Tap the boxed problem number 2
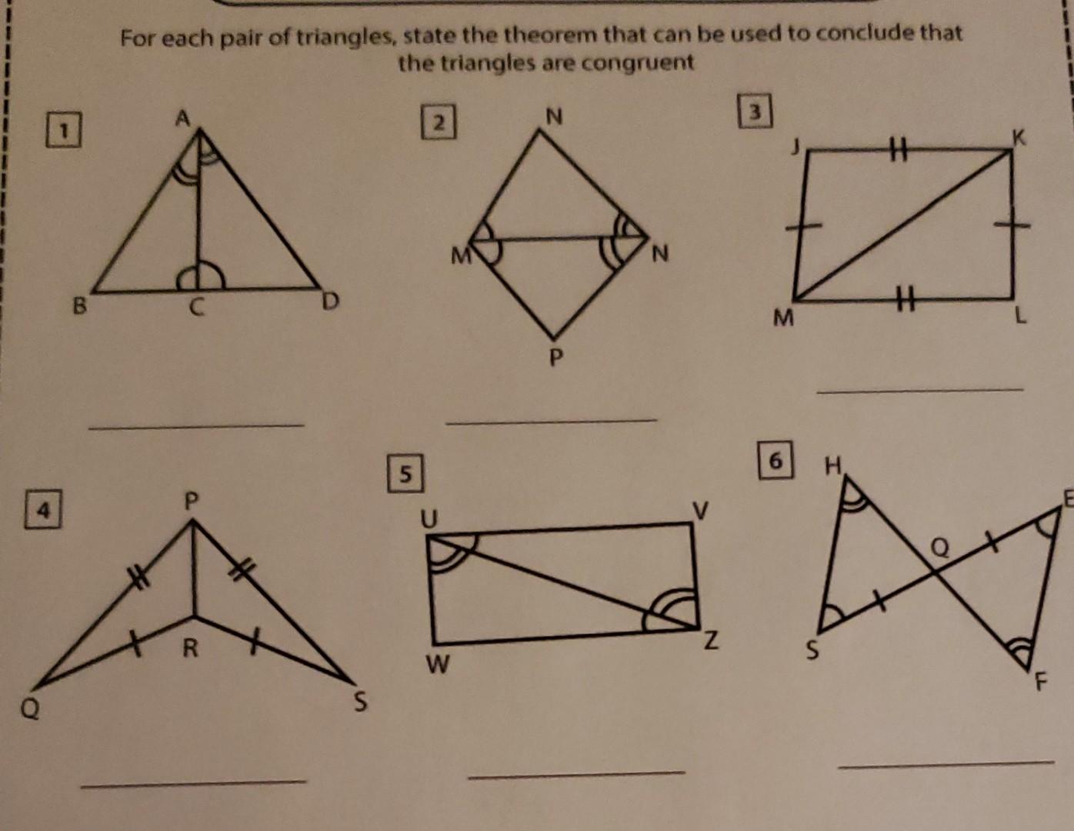439,122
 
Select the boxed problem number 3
755,112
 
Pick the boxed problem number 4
45,511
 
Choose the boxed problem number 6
775,461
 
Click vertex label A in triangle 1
182,118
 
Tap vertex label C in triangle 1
197,308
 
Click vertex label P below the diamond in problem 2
557,357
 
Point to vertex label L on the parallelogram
1020,315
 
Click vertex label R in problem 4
190,649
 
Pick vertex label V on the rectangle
700,509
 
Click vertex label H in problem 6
832,466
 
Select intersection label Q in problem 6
940,547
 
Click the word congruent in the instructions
639,62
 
